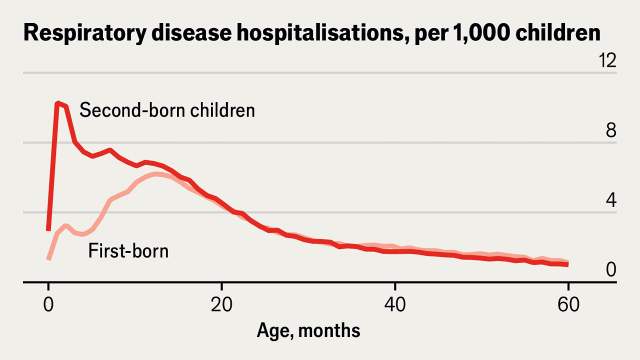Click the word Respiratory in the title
[85, 33]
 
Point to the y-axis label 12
[607, 60]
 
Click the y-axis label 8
[611, 130]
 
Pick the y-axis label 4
[611, 200]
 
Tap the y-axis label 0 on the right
[611, 269]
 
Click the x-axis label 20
[221, 304]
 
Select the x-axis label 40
[395, 304]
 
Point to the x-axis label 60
[568, 304]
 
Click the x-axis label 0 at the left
[48, 304]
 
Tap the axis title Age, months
[308, 331]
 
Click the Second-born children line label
[167, 110]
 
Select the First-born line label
[128, 251]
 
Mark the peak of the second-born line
[58, 103]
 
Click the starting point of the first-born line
[48, 259]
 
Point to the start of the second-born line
[48, 229]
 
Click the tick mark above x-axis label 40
[395, 286]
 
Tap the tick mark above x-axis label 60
[568, 286]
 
